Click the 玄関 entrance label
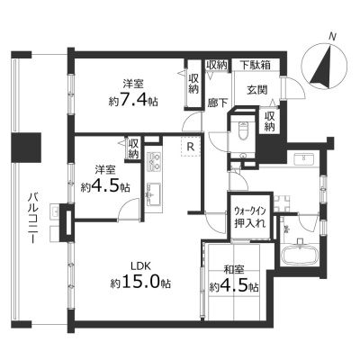pyautogui.click(x=257, y=90)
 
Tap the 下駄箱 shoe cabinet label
pyautogui.click(x=256, y=65)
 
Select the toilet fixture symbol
pyautogui.click(x=242, y=130)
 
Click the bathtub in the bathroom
pyautogui.click(x=299, y=251)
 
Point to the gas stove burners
pyautogui.click(x=153, y=160)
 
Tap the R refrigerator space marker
pyautogui.click(x=190, y=147)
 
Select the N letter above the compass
pyautogui.click(x=331, y=37)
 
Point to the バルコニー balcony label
pyautogui.click(x=31, y=218)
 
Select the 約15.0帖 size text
pyautogui.click(x=141, y=283)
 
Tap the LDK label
pyautogui.click(x=140, y=265)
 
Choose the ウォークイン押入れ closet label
pyautogui.click(x=250, y=217)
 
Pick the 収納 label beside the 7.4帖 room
pyautogui.click(x=193, y=84)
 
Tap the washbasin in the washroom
pyautogui.click(x=304, y=158)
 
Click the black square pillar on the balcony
pyautogui.click(x=25, y=147)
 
